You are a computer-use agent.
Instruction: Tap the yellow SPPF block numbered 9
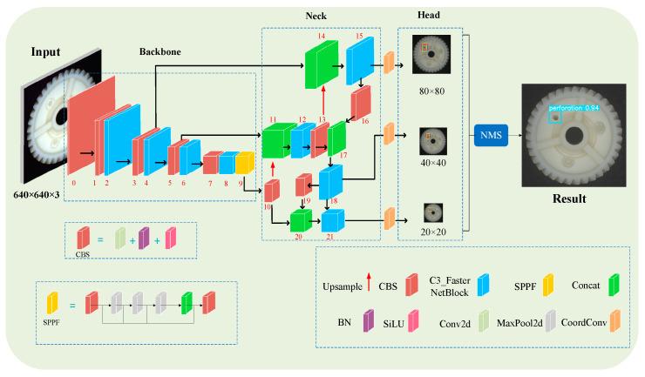(x=245, y=163)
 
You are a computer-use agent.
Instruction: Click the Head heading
(x=428, y=16)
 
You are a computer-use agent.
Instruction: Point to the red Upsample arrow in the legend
(x=368, y=282)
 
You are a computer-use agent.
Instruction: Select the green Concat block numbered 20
(x=300, y=220)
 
